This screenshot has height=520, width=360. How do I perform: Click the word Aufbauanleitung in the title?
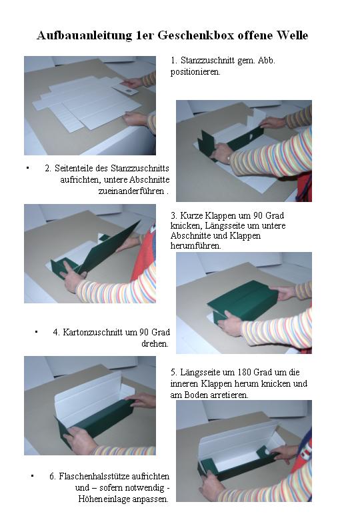pyautogui.click(x=84, y=35)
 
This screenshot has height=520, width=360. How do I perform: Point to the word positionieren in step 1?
pyautogui.click(x=195, y=71)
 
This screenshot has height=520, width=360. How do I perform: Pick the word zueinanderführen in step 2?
pyautogui.click(x=131, y=191)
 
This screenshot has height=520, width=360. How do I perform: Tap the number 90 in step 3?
pyautogui.click(x=258, y=215)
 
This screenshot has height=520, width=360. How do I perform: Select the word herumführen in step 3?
pyautogui.click(x=195, y=246)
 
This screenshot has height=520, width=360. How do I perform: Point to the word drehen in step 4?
pyautogui.click(x=155, y=343)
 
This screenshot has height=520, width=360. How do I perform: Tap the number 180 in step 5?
pyautogui.click(x=244, y=372)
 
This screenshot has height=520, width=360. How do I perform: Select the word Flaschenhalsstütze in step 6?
pyautogui.click(x=94, y=476)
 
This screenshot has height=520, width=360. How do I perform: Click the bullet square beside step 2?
pyautogui.click(x=27, y=168)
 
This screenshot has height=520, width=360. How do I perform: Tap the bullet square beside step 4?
pyautogui.click(x=36, y=331)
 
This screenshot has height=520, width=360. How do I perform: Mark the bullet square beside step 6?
pyautogui.click(x=32, y=476)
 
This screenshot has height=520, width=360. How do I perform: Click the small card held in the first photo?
pyautogui.click(x=125, y=89)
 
